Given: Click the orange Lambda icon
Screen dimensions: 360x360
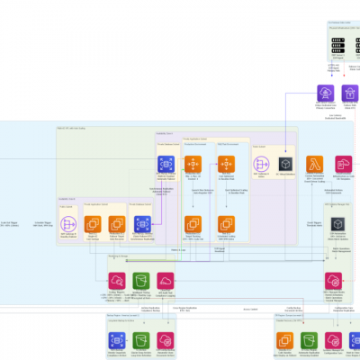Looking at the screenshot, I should pyautogui.click(x=314, y=164).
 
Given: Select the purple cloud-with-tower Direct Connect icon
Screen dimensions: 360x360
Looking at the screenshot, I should pyautogui.click(x=325, y=94).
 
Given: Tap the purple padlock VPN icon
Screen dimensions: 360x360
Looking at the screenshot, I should pyautogui.click(x=350, y=94).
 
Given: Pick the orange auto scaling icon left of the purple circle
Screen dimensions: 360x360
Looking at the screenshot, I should pyautogui.click(x=226, y=164).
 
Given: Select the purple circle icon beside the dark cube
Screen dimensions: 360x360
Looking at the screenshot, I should pyautogui.click(x=262, y=164).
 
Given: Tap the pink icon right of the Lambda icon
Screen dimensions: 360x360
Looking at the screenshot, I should pyautogui.click(x=344, y=164).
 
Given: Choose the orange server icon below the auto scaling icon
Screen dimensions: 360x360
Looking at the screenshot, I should pyautogui.click(x=226, y=223).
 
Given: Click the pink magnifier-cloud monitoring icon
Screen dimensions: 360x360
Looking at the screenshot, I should pyautogui.click(x=118, y=280).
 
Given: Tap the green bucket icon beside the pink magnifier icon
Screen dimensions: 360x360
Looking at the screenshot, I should pyautogui.click(x=141, y=280).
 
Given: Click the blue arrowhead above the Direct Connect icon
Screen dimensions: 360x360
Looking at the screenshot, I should pyautogui.click(x=325, y=81).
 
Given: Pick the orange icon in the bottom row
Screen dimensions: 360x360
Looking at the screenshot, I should pyautogui.click(x=285, y=340).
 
